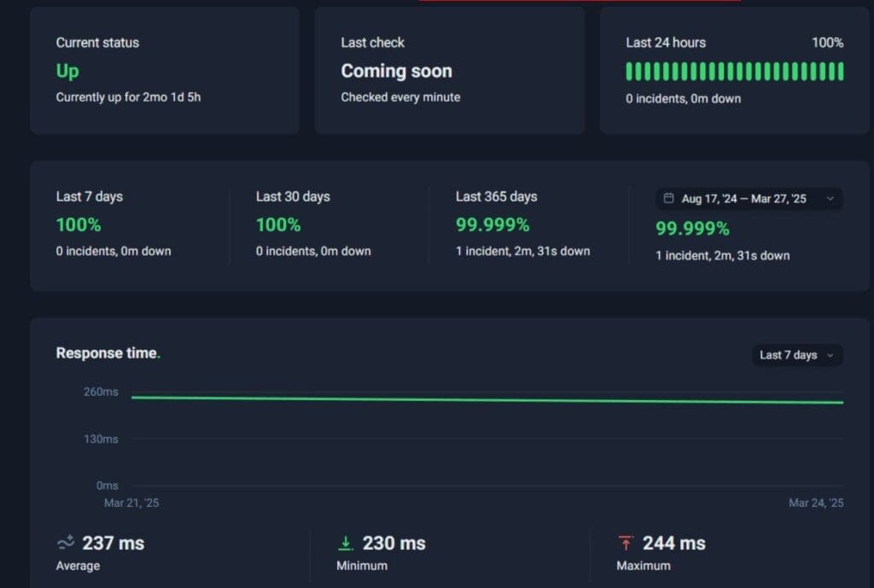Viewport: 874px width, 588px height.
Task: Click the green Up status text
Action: click(67, 71)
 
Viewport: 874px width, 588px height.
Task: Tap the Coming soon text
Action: click(396, 71)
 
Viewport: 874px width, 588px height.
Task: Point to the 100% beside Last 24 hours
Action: click(827, 43)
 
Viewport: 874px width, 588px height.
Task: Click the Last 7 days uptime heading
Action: click(89, 196)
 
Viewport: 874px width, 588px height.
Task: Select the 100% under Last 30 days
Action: click(278, 225)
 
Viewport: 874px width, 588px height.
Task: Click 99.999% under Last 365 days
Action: click(492, 225)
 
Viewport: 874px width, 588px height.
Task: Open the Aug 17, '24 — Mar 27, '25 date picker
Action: click(749, 199)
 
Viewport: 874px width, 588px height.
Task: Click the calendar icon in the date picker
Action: click(669, 199)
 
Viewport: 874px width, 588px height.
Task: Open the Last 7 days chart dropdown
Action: click(797, 355)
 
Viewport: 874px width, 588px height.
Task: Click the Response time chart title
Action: click(107, 353)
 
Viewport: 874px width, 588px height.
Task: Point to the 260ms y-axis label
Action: click(101, 393)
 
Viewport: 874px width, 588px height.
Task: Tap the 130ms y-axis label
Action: click(101, 440)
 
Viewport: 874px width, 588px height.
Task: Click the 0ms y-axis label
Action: click(107, 486)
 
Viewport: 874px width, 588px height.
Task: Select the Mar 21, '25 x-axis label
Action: click(131, 504)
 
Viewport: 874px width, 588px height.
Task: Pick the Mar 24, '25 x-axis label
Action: click(816, 504)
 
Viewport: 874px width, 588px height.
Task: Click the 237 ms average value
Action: click(113, 544)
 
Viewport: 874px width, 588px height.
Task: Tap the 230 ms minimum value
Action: click(393, 544)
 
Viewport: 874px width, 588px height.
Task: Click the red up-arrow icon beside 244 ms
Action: click(626, 544)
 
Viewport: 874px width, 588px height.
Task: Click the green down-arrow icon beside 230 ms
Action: click(346, 544)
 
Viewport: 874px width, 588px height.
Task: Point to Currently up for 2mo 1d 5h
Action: click(128, 97)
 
